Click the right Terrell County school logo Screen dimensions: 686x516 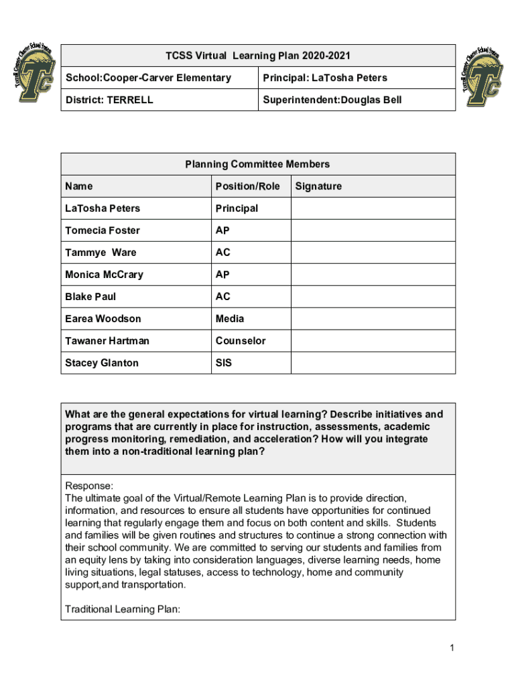pyautogui.click(x=482, y=74)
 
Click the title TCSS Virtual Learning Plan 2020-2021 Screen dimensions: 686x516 pyautogui.click(x=258, y=56)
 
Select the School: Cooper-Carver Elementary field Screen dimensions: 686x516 pyautogui.click(x=148, y=78)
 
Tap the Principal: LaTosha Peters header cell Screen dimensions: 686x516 pyautogui.click(x=324, y=78)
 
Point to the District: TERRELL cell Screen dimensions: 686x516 pyautogui.click(x=109, y=100)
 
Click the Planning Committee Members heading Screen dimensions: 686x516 pyautogui.click(x=258, y=164)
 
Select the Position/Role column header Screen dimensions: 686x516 pyautogui.click(x=247, y=186)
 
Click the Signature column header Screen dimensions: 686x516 pyautogui.click(x=318, y=186)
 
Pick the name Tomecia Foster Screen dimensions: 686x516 pyautogui.click(x=103, y=230)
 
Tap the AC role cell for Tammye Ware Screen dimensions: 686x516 pyautogui.click(x=222, y=253)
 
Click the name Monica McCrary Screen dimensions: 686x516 pyautogui.click(x=104, y=275)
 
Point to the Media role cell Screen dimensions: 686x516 pyautogui.click(x=230, y=319)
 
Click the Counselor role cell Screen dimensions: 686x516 pyautogui.click(x=240, y=341)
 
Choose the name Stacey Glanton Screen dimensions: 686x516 pyautogui.click(x=102, y=363)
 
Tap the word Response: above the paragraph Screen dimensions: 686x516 pyautogui.click(x=89, y=486)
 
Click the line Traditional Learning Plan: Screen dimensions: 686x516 pyautogui.click(x=122, y=609)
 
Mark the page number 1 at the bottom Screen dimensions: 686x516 pyautogui.click(x=453, y=647)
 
